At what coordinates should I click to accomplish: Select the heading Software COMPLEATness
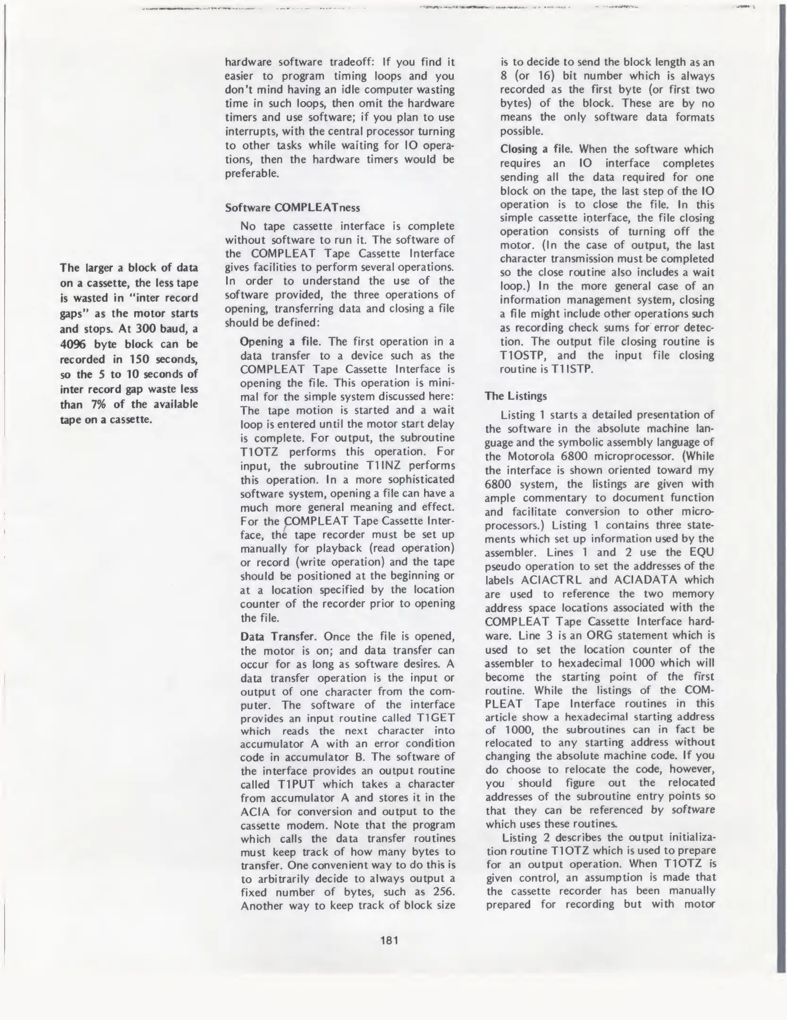pyautogui.click(x=292, y=208)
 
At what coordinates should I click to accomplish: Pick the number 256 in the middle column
pyautogui.click(x=444, y=892)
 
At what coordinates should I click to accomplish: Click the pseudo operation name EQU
pyautogui.click(x=702, y=552)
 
